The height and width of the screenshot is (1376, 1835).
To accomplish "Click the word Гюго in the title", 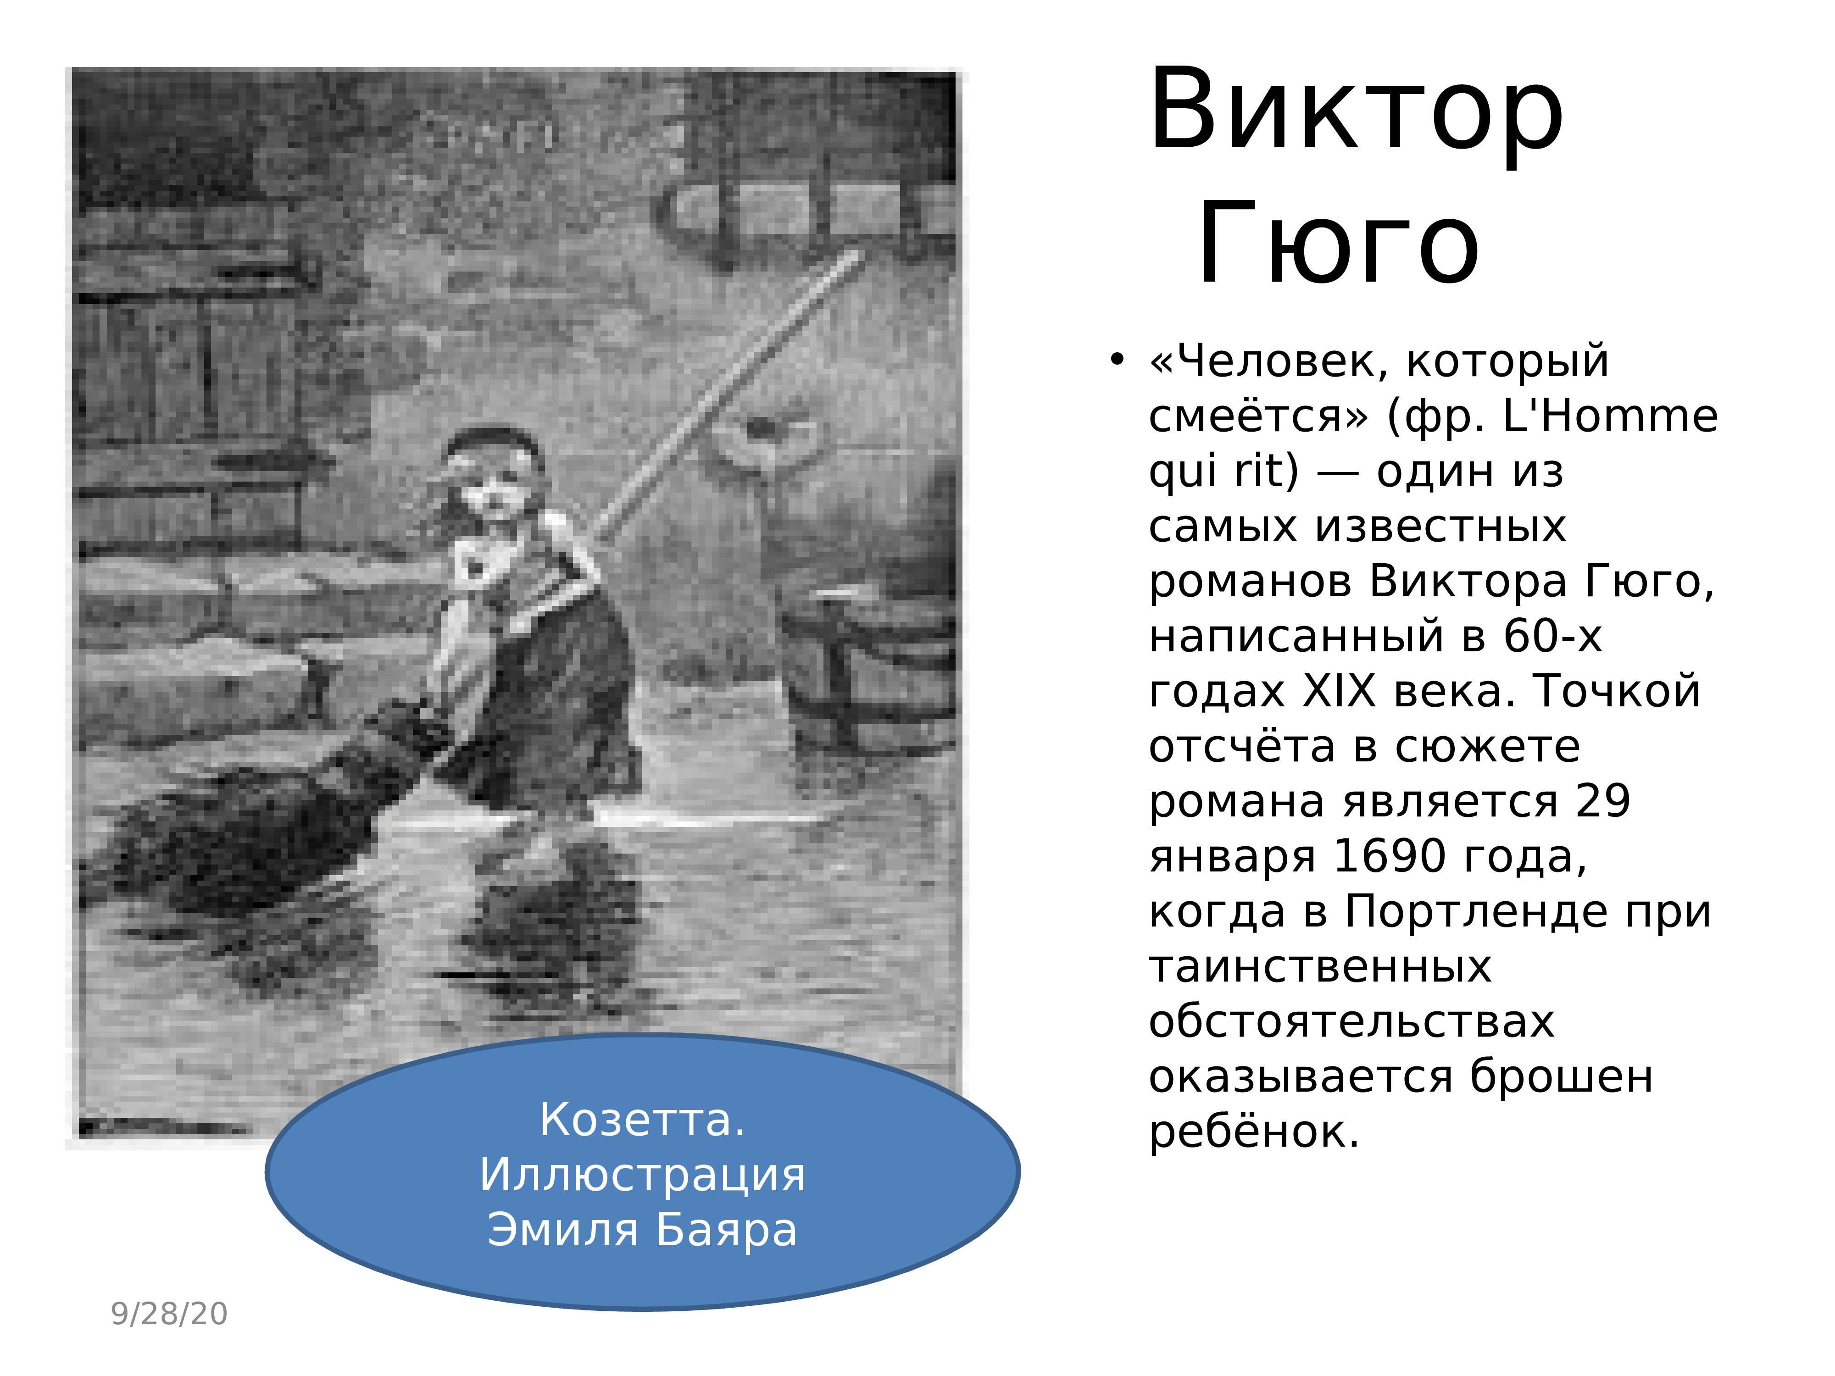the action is [1338, 244].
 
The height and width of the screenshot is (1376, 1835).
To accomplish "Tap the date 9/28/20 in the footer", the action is [169, 1314].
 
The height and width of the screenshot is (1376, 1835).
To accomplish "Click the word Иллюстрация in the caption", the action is [642, 1175].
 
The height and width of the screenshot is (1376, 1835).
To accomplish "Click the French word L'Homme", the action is [1611, 416].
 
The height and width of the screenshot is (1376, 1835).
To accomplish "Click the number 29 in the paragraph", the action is [1603, 801].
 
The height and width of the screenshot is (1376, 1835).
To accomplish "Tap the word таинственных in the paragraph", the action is [1320, 967].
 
